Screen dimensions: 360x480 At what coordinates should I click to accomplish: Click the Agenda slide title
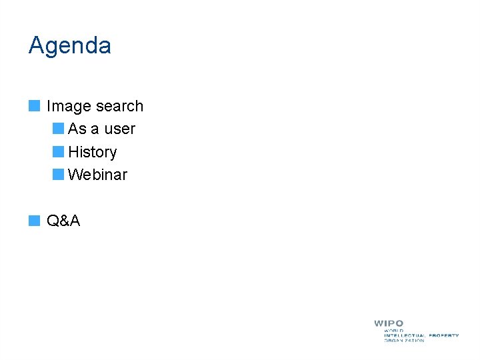coord(70,46)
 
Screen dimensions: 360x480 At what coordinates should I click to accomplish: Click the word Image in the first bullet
coord(68,107)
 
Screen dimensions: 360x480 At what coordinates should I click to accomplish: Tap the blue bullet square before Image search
coord(34,105)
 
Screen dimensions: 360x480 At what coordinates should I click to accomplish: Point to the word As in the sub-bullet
coord(77,129)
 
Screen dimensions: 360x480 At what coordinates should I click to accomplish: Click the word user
coord(119,129)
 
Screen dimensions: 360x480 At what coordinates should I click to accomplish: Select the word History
coord(93,153)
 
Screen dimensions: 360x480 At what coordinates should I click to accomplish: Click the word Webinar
coord(97,175)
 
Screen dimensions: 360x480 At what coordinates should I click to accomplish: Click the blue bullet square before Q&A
coord(34,220)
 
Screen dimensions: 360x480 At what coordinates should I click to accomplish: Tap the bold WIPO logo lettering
coord(389,323)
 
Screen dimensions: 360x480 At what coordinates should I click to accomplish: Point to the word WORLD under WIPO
coord(394,330)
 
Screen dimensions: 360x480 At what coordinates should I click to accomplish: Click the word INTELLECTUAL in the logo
coord(405,335)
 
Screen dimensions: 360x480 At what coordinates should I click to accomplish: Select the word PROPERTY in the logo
coord(444,335)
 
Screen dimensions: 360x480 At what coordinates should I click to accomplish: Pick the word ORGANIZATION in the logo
coord(404,341)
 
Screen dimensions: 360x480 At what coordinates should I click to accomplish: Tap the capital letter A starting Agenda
coord(36,46)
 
